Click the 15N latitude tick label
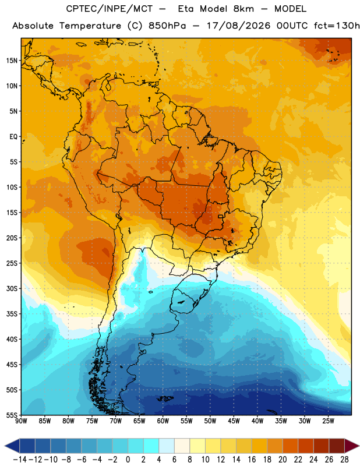coord(12,61)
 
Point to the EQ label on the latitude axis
coord(13,137)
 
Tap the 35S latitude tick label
coord(12,314)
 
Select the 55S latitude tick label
coord(12,415)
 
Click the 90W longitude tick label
coord(21,421)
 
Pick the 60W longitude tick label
coord(163,421)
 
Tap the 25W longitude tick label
coord(328,421)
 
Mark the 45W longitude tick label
coord(234,421)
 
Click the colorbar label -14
coord(20,460)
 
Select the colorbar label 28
coord(344,460)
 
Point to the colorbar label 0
coord(128,460)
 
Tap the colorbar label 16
coord(252,460)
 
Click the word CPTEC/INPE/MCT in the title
coord(109,9)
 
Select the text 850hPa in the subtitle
coord(167,26)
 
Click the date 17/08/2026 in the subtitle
coord(239,26)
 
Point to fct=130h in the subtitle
coord(337,26)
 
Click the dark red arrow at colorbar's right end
coord(352,446)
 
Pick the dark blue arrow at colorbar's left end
coord(12,446)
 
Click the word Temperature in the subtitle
coord(90,26)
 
